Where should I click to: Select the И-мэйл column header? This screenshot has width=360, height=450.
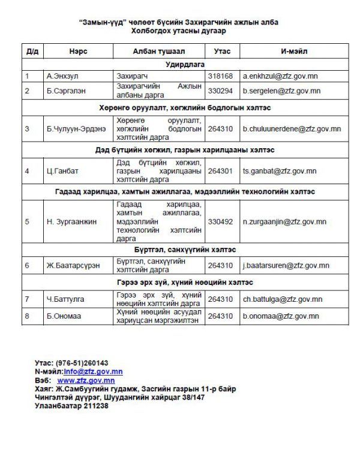(294, 51)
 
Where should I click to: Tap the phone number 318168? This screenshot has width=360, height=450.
(220, 77)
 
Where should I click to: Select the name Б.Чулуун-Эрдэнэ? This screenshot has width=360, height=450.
(76, 128)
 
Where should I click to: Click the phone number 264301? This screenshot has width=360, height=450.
(220, 170)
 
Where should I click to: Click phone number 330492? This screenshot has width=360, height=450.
(220, 221)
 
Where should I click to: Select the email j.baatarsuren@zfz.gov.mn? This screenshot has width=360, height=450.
(286, 265)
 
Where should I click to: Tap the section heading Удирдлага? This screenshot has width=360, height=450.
(185, 64)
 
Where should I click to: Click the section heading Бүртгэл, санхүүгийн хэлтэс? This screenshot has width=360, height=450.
(185, 249)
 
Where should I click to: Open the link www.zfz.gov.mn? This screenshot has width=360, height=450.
(86, 380)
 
